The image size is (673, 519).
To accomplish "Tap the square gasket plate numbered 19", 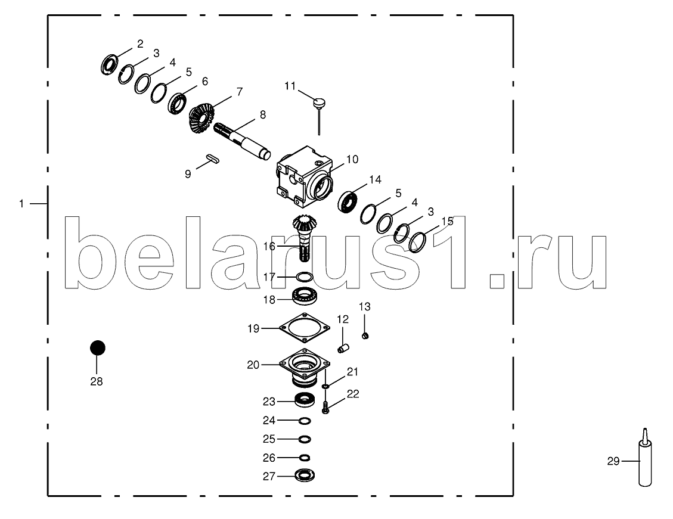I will click(x=305, y=327).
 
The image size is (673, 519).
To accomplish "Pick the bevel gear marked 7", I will click(x=201, y=119).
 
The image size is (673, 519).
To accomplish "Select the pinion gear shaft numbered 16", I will click(x=304, y=238).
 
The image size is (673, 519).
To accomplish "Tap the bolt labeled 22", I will click(x=325, y=407).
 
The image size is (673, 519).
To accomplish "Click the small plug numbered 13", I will click(x=366, y=337).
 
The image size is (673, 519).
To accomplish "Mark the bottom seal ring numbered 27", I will click(x=305, y=476).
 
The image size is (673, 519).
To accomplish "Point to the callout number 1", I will click(x=21, y=204).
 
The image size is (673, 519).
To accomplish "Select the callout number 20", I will click(x=253, y=365).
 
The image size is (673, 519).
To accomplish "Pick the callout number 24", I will click(x=269, y=421).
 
